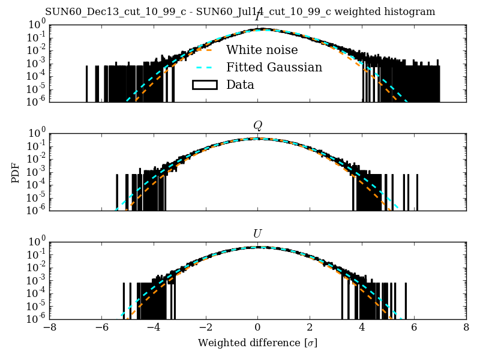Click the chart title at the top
[240, 12]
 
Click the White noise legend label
[262, 50]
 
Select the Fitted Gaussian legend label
[274, 67]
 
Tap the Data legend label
[240, 85]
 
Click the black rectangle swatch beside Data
[204, 85]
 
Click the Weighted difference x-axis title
[257, 343]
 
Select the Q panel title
[257, 125]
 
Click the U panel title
[257, 233]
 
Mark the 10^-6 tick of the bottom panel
[35, 319]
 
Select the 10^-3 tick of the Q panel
[35, 172]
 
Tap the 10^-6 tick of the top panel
[35, 103]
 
